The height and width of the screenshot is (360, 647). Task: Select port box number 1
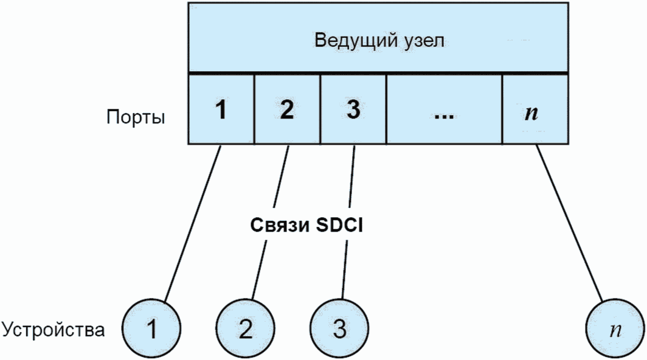(x=221, y=109)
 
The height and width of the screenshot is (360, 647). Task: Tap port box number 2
(x=287, y=109)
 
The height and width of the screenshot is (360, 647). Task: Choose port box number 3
(x=353, y=109)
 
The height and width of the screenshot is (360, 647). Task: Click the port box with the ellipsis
(x=445, y=109)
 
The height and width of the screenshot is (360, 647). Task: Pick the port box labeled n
(x=535, y=109)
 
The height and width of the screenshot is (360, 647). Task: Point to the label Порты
(x=136, y=117)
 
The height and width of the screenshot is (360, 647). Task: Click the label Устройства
(x=54, y=330)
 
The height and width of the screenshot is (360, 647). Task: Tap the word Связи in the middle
(x=279, y=226)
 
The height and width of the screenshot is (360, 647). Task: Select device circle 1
(x=151, y=329)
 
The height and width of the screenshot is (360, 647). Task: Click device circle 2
(x=246, y=329)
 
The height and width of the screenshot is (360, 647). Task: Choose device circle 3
(x=339, y=329)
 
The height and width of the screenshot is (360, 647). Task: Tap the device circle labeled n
(x=615, y=329)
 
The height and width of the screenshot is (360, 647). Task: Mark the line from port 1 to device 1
(x=192, y=223)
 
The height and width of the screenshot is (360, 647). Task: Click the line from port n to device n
(x=569, y=223)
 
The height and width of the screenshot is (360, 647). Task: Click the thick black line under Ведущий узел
(x=378, y=74)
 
